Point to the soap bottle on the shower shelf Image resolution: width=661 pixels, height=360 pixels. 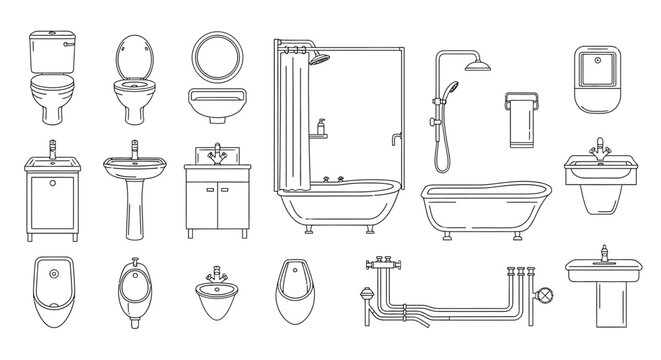(x=321, y=125)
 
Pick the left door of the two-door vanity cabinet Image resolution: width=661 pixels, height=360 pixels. (x=204, y=204)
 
